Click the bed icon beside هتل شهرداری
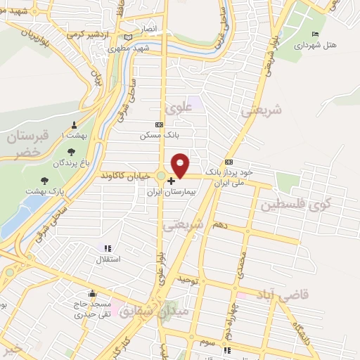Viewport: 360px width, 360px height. coord(315,34)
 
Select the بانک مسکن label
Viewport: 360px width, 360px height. coord(159,134)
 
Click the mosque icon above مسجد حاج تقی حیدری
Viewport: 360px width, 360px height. coord(91,294)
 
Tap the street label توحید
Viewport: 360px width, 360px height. coord(188,281)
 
